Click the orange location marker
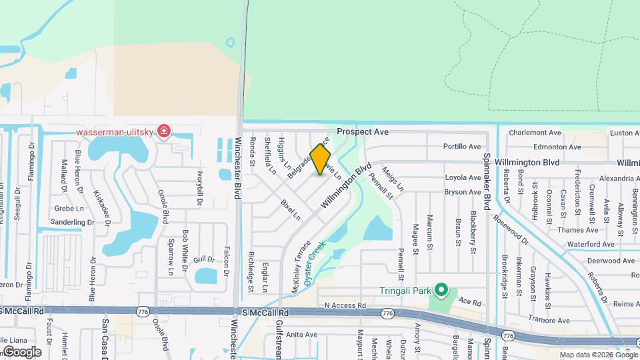[x=321, y=159]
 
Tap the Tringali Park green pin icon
[x=441, y=290]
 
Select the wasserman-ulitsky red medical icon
[x=163, y=131]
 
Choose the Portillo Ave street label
[x=462, y=147]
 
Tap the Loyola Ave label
[x=463, y=178]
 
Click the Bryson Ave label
[x=463, y=192]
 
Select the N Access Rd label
[x=345, y=305]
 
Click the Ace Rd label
[x=469, y=302]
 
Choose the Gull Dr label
[x=204, y=259]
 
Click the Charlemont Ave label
[x=535, y=133]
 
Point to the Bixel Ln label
[x=291, y=209]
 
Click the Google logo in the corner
[x=22, y=352]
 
